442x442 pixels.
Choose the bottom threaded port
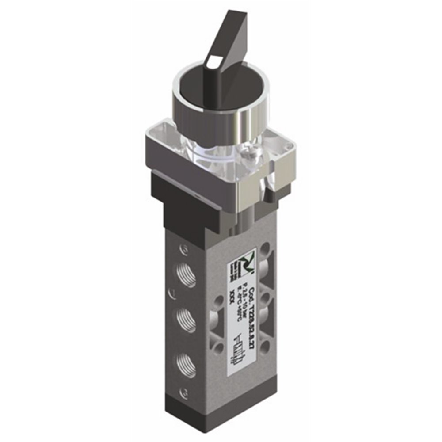click(x=185, y=363)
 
